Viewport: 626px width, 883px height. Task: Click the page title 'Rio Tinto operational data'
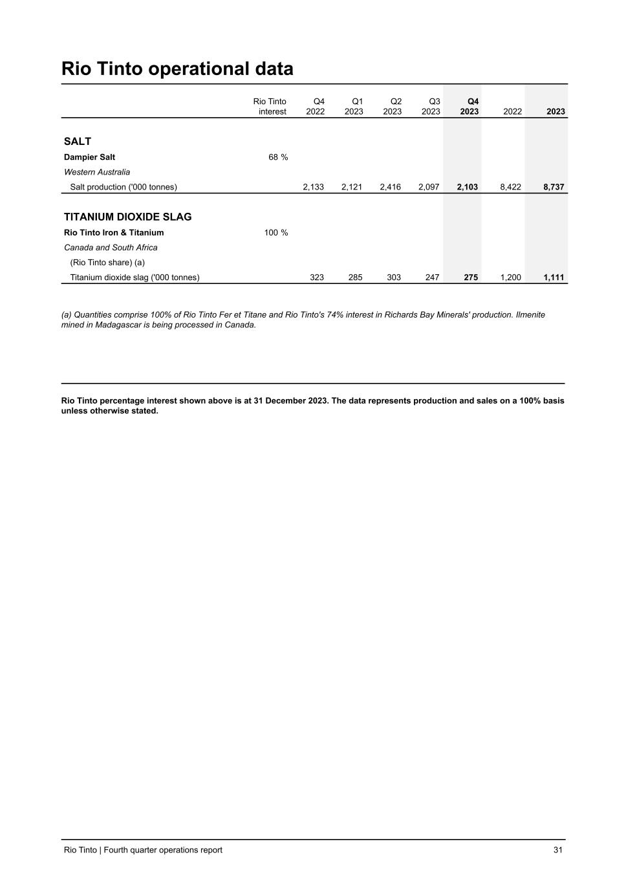(x=177, y=69)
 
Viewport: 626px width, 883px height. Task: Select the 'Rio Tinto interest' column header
(x=270, y=107)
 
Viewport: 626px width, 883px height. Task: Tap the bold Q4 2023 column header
(x=470, y=107)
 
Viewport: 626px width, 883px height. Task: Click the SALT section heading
(x=78, y=142)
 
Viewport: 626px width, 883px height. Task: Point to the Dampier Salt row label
(x=89, y=157)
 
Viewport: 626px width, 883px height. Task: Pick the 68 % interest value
(x=278, y=157)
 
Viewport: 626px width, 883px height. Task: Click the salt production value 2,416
(x=390, y=187)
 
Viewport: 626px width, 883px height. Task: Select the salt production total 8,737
(x=554, y=187)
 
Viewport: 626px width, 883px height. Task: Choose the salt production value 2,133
(x=314, y=187)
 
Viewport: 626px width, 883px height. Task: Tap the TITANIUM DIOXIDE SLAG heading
(x=128, y=217)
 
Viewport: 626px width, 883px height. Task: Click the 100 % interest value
(x=276, y=233)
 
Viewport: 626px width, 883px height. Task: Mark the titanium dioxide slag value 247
(x=432, y=278)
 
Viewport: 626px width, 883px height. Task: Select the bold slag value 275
(x=471, y=278)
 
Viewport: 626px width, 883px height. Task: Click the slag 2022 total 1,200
(x=511, y=278)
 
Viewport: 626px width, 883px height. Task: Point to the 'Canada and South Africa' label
(x=111, y=248)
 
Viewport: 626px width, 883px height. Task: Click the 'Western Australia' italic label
(x=97, y=172)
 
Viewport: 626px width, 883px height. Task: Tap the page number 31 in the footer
(x=557, y=850)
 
